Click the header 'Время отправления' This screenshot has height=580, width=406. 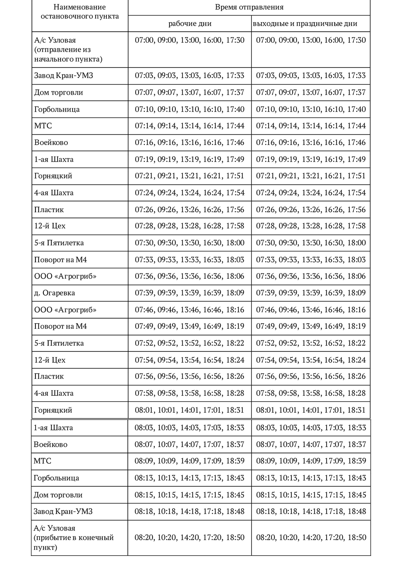249,7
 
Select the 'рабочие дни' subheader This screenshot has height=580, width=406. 190,24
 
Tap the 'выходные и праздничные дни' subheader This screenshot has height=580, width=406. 305,24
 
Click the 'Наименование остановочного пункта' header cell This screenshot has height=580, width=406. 79,12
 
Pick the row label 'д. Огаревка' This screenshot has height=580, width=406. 55,293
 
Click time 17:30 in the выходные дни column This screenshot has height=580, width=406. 357,40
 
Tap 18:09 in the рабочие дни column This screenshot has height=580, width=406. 235,293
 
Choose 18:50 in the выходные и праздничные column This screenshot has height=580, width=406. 357,537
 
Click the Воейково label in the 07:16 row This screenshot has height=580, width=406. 51,142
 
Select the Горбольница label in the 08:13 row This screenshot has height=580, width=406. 56,478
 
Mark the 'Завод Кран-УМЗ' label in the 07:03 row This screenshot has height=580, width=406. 64,76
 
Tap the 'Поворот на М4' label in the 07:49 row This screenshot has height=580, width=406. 60,327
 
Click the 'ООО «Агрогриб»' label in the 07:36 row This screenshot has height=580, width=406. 65,276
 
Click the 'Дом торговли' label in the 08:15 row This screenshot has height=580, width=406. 58,495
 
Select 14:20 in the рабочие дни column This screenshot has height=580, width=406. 190,537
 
